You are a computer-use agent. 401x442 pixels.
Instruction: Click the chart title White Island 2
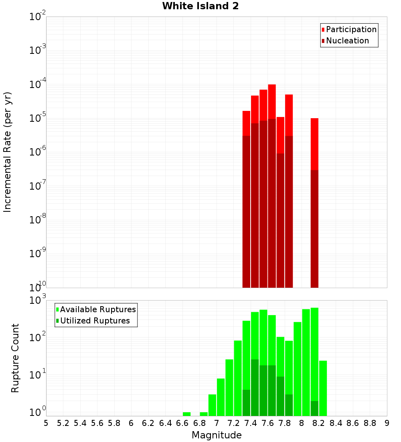point(200,6)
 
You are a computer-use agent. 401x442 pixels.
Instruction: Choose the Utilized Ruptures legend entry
point(95,321)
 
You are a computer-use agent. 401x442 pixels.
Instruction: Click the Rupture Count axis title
point(15,358)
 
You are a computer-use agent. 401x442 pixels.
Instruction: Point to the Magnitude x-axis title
point(217,435)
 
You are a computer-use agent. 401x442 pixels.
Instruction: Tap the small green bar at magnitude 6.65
point(186,414)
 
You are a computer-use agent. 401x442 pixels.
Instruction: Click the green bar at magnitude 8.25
point(323,388)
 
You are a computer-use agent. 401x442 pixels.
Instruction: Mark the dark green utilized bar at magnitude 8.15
point(314,408)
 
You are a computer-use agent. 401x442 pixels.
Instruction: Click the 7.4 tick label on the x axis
point(251,423)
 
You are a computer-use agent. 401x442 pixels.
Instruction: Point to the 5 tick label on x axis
point(46,423)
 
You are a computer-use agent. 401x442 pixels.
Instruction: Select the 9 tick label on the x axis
point(387,423)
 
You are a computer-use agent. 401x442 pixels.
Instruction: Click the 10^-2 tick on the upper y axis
point(37,17)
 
